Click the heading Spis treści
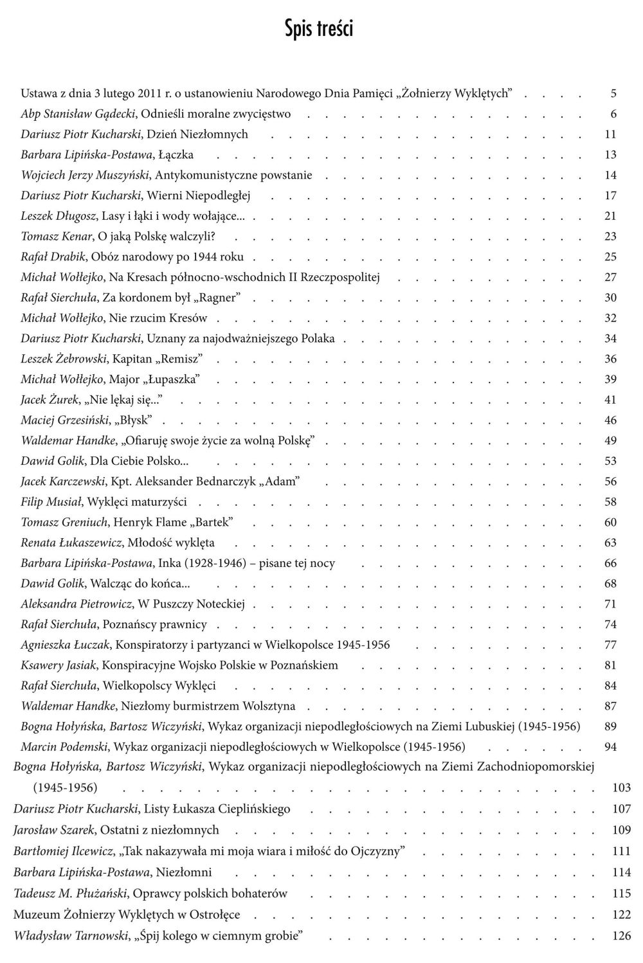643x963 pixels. (x=319, y=29)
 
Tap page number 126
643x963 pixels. (x=621, y=935)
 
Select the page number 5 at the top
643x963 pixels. (x=613, y=93)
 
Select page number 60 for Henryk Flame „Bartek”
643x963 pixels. (x=610, y=522)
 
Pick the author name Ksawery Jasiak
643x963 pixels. (x=59, y=665)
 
